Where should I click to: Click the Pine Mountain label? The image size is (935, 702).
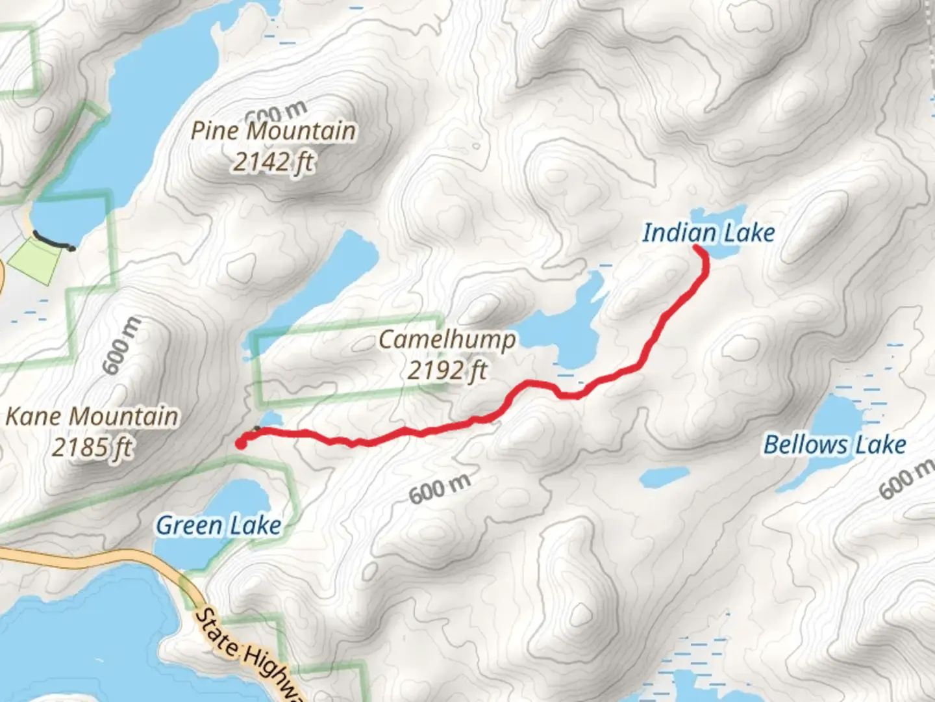tap(273, 131)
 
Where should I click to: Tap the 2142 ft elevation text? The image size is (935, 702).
tap(273, 161)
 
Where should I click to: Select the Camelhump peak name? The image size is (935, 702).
tap(447, 339)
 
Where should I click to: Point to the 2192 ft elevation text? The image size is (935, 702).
tap(447, 370)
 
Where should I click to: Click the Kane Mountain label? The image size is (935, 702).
tap(92, 416)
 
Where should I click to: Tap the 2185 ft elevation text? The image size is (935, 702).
tap(92, 447)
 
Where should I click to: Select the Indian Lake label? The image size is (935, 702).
tap(708, 233)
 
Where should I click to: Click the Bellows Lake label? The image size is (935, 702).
tap(834, 445)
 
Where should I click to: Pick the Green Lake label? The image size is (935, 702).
tap(219, 525)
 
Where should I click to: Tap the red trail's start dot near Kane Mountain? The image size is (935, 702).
tap(241, 444)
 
